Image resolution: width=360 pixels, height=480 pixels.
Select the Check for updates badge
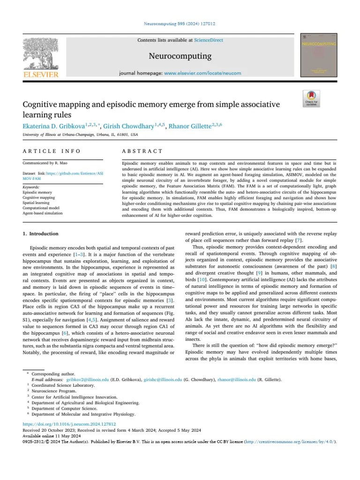[311, 98]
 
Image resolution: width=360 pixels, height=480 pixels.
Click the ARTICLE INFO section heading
[52, 151]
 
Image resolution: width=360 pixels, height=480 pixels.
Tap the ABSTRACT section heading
[142, 151]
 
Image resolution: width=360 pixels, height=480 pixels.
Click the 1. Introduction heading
[41, 233]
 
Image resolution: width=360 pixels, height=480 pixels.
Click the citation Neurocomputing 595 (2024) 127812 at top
[180, 24]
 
